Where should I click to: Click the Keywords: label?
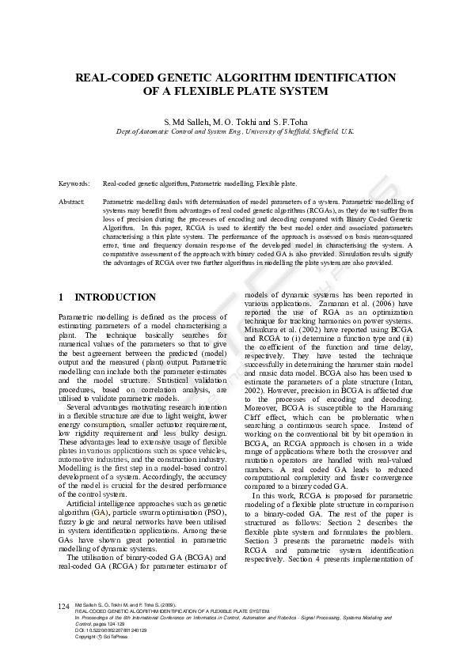(74, 183)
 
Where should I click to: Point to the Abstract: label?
(72, 202)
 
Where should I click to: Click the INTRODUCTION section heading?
(115, 297)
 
